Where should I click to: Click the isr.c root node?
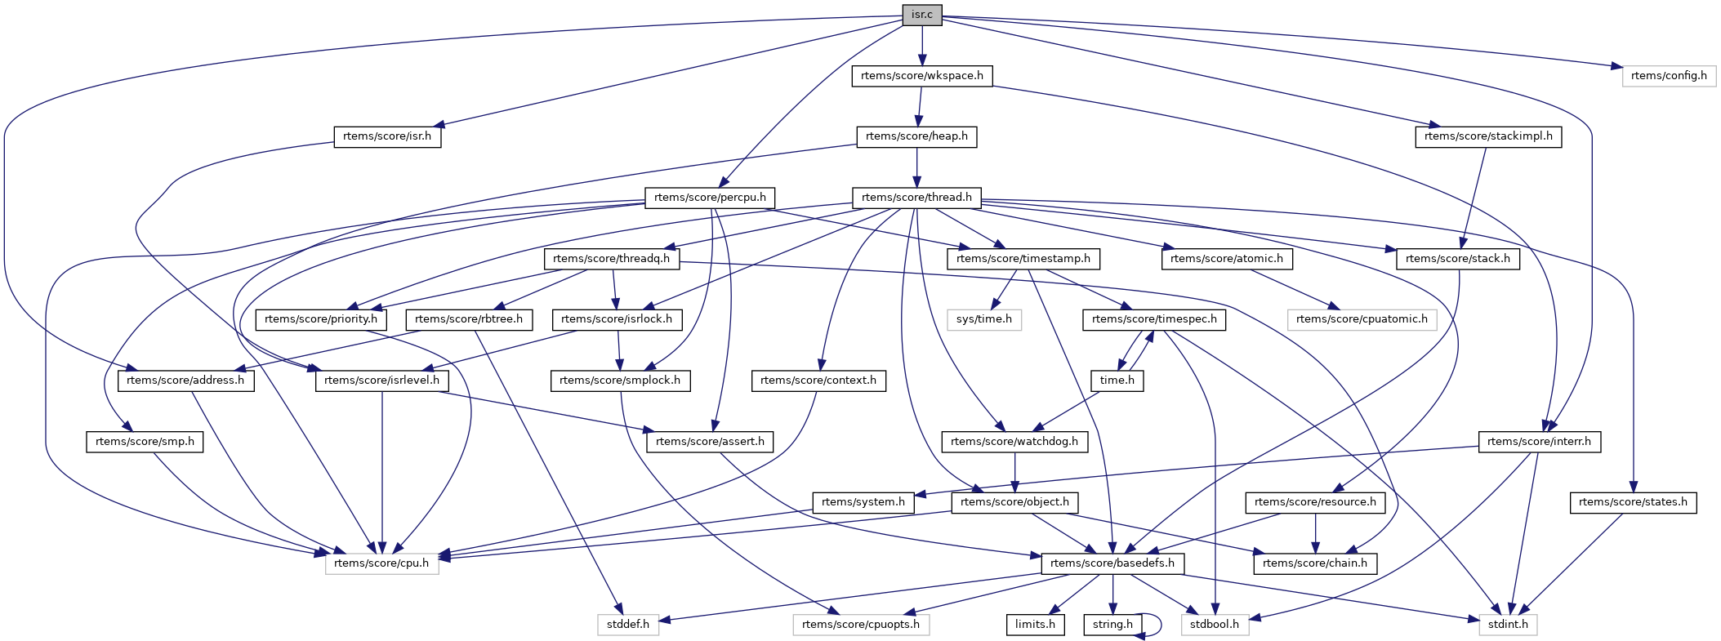(922, 15)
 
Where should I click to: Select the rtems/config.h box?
(1668, 76)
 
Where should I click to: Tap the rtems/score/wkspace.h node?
(922, 76)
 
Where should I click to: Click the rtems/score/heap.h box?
(916, 136)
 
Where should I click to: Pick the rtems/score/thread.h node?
(916, 198)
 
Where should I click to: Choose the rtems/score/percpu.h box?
(710, 198)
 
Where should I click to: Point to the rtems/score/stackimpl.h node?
(1488, 136)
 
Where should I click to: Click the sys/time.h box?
(983, 319)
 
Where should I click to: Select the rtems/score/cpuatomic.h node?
(1362, 319)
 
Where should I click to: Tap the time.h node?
(1117, 381)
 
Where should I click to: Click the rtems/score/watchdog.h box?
(1014, 442)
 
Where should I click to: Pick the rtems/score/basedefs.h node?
(1112, 563)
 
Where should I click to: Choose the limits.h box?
(1035, 625)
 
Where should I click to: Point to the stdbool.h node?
(1215, 625)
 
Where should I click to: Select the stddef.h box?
(627, 625)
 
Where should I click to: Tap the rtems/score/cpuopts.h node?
(861, 625)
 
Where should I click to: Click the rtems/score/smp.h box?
(145, 442)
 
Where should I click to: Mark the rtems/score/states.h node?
(1633, 502)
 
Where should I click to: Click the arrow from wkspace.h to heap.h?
(920, 106)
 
